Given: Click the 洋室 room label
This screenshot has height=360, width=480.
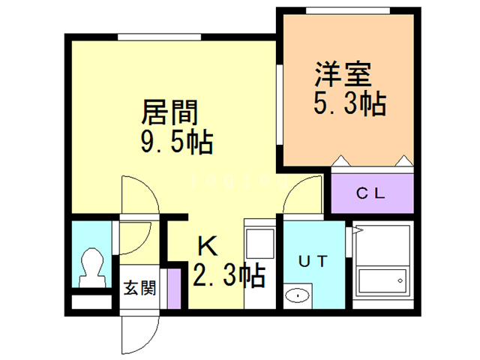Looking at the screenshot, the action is (x=343, y=74).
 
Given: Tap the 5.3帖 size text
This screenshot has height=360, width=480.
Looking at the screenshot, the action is (x=350, y=103).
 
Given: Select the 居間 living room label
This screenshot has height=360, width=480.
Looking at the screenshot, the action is (x=169, y=112).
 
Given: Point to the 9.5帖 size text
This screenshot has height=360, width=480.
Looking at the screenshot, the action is (x=177, y=142).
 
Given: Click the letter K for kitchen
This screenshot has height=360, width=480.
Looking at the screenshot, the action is (x=208, y=246).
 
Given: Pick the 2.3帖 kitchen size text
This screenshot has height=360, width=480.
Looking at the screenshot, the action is (x=229, y=275).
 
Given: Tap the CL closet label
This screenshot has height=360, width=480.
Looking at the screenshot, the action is (x=370, y=193).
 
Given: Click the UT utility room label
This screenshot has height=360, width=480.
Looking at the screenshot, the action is (x=313, y=262).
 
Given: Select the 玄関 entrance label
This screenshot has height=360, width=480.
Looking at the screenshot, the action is (x=139, y=288).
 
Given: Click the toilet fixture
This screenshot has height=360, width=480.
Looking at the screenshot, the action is (x=91, y=267).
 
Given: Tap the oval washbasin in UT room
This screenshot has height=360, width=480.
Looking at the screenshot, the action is (x=297, y=295).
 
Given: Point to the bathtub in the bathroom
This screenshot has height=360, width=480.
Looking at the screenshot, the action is (x=382, y=280).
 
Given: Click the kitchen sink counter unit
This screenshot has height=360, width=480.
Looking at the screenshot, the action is (x=260, y=263).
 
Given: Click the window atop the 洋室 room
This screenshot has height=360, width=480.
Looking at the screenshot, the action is (x=348, y=10).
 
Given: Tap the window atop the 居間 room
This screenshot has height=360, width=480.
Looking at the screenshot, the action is (x=160, y=37).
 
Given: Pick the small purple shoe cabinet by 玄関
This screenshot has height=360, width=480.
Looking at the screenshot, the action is (x=175, y=289).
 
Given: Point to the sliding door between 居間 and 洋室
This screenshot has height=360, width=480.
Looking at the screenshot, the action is (x=280, y=104).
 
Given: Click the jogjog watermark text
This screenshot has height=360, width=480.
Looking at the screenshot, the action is (x=238, y=181).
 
